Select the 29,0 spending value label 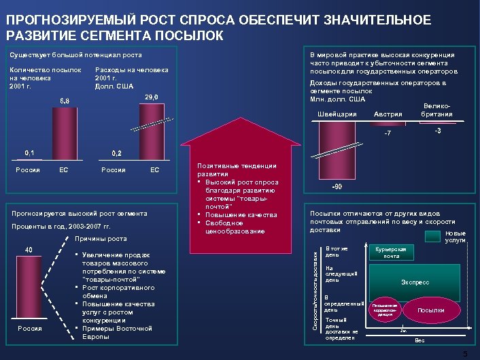[152, 97]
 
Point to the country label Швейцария [338, 113]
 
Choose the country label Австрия [388, 114]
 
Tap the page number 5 [465, 354]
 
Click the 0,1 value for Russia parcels [31, 152]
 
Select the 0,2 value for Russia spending [116, 152]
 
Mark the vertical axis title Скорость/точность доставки [315, 289]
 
